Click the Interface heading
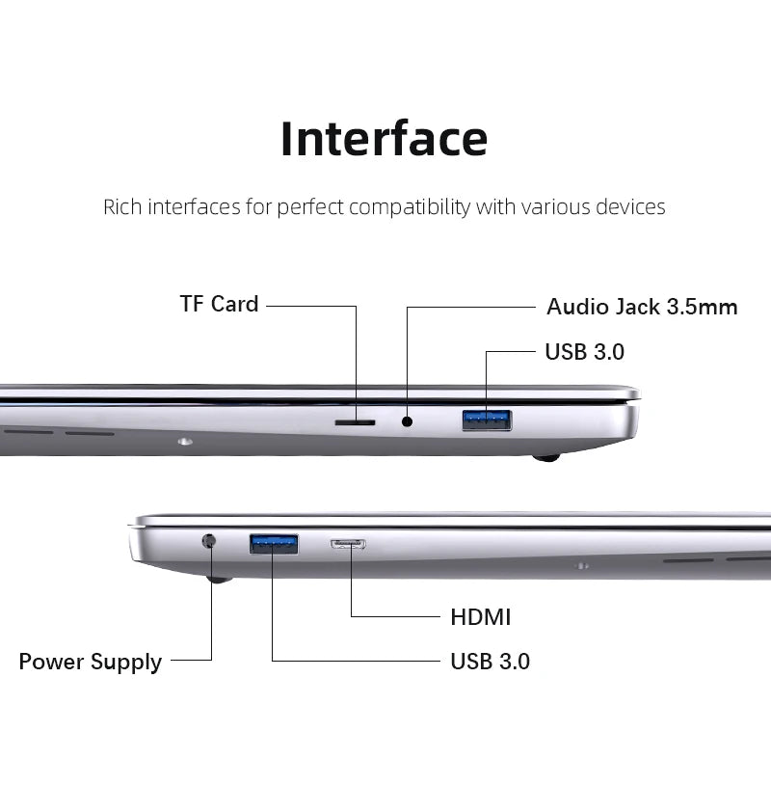384,138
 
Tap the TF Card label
219,304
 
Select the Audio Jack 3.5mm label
642,307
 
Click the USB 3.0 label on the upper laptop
584,352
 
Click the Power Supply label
91,662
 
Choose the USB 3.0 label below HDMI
490,662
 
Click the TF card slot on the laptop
355,422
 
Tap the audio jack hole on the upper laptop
407,420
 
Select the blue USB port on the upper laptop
487,420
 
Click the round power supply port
209,541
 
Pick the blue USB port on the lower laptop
274,544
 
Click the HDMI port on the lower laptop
348,544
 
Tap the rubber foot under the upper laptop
547,457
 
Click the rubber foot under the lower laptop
219,579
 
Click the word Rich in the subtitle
122,206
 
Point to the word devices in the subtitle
630,206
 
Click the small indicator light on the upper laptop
184,442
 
